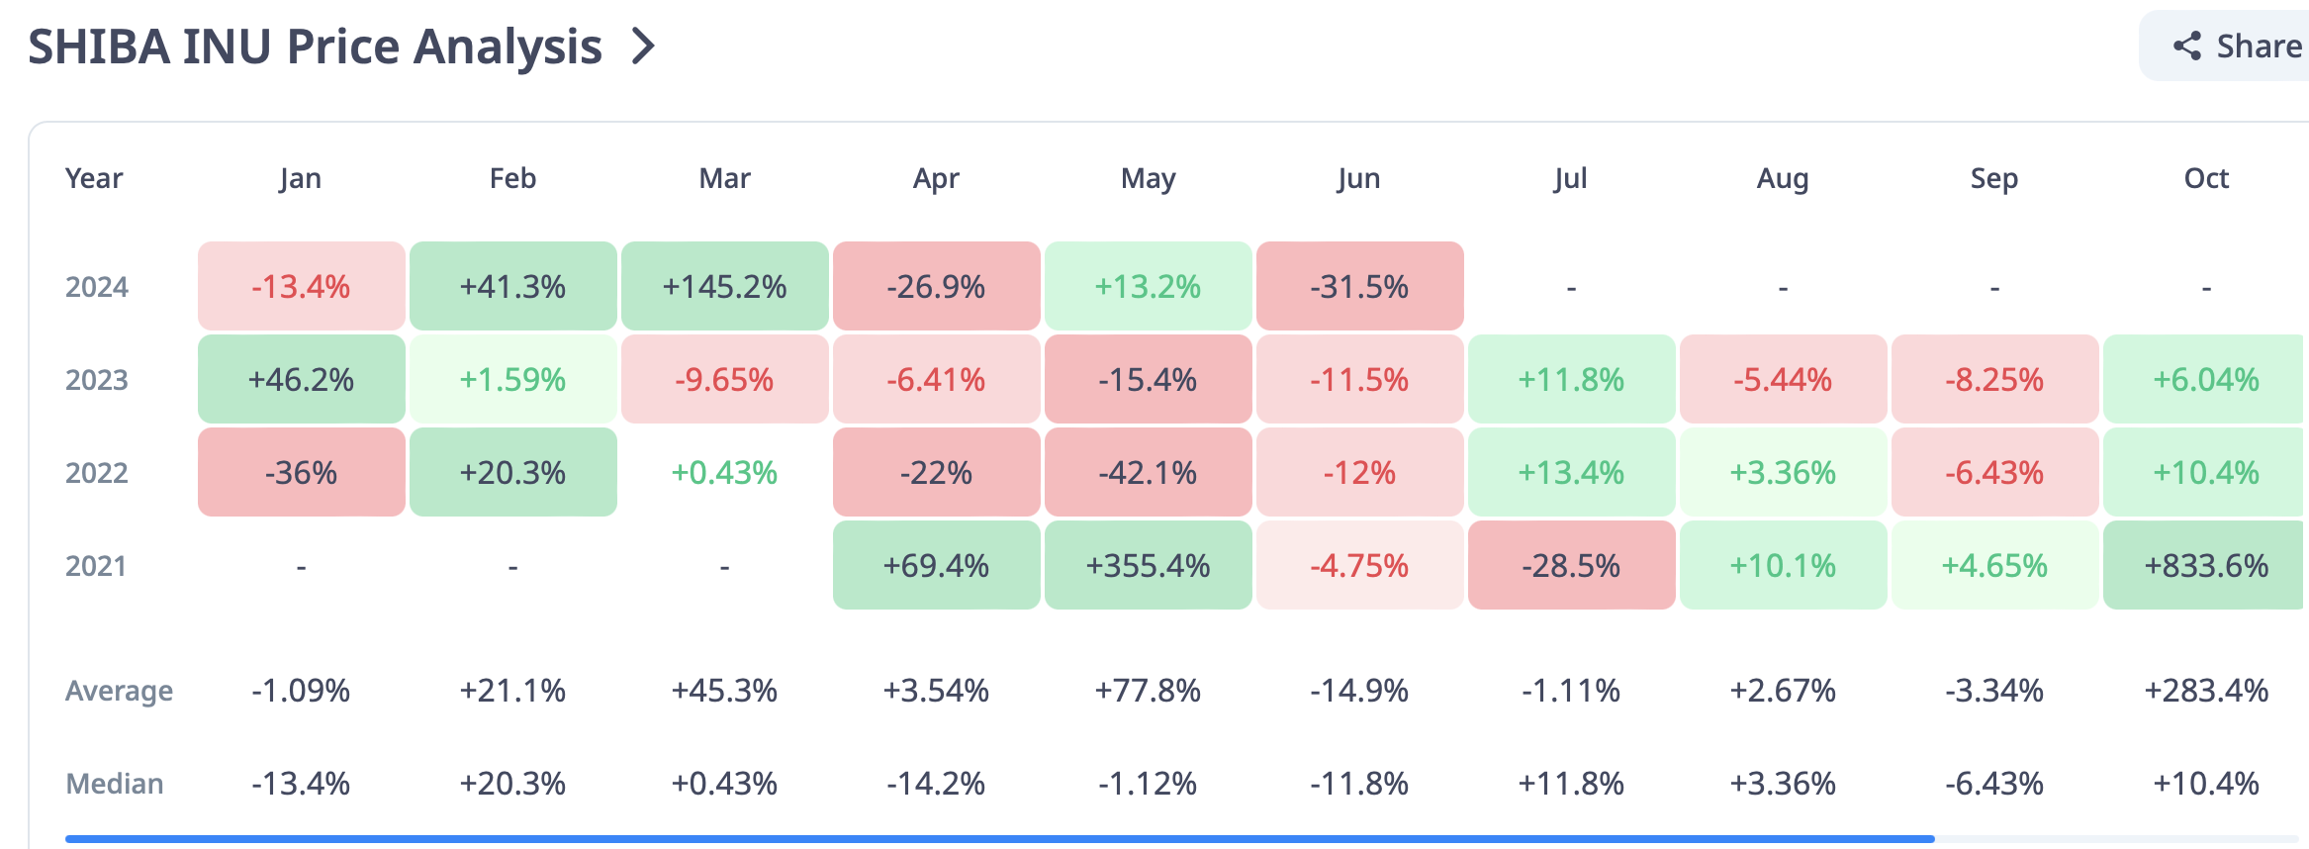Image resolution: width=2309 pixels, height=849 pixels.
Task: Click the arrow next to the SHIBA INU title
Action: point(644,47)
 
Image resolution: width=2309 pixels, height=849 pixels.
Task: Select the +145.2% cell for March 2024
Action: point(724,287)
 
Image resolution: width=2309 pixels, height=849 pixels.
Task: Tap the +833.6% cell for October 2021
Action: point(2205,566)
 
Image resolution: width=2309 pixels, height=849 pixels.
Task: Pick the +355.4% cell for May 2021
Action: point(1148,566)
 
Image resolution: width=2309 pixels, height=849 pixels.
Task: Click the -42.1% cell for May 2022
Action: point(1148,473)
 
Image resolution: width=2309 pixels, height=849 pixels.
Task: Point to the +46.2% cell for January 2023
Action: point(301,380)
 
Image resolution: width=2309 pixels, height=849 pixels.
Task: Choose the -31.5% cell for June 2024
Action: point(1359,287)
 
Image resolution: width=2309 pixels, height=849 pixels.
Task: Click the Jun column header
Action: point(1358,178)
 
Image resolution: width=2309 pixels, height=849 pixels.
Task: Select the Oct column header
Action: point(2206,178)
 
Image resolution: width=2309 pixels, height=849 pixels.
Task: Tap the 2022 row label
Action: point(97,473)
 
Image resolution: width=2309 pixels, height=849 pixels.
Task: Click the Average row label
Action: point(119,691)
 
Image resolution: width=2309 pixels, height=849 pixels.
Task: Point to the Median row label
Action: point(115,784)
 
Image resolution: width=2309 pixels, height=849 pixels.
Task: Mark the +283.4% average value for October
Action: point(2206,691)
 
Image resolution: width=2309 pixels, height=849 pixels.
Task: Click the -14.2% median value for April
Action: point(936,784)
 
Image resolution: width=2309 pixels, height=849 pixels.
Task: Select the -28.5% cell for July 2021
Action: point(1571,566)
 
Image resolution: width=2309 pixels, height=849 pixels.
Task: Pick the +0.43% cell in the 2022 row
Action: point(724,473)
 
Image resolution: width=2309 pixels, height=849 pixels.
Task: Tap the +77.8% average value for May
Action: point(1148,691)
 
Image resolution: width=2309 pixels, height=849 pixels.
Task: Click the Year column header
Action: point(94,178)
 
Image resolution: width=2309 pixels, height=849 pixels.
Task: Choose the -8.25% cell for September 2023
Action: point(1994,380)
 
